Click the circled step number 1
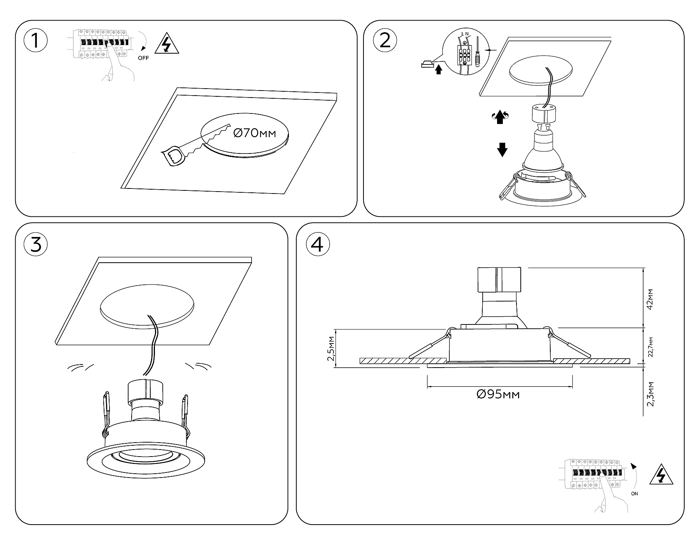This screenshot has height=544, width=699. [35, 41]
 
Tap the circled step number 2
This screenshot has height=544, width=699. [385, 40]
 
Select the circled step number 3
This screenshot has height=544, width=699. [36, 245]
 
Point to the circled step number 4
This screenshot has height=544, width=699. [318, 245]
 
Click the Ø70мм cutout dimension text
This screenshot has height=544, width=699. [254, 133]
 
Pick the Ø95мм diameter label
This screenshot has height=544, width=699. [498, 394]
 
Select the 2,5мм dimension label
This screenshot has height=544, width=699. [331, 349]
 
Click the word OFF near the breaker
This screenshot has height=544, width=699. [143, 58]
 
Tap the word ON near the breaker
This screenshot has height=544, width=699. [635, 494]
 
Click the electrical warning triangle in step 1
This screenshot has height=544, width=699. [167, 45]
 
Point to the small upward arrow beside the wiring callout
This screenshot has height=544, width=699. [439, 70]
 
